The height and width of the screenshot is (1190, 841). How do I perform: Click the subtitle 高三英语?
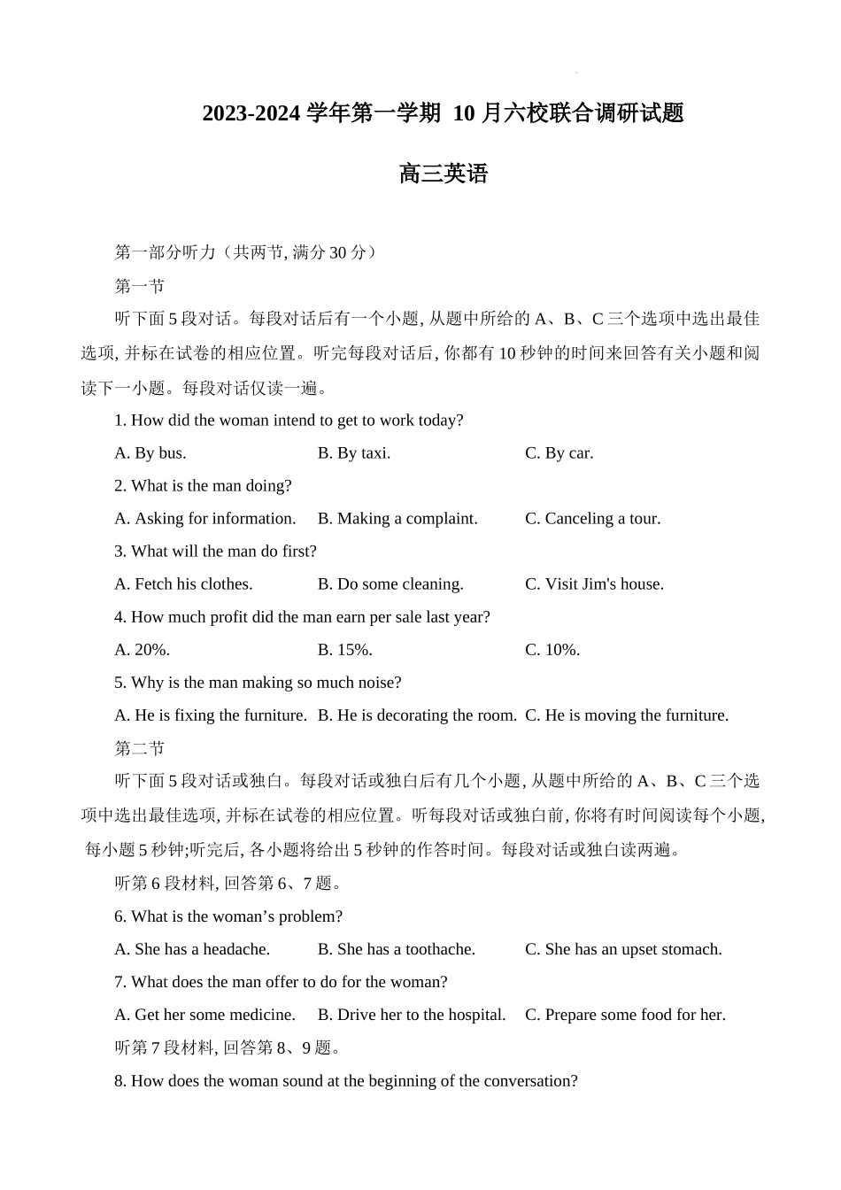(x=443, y=174)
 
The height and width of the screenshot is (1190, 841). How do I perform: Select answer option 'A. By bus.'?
(x=150, y=453)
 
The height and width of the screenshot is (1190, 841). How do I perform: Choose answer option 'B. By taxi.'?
(x=354, y=453)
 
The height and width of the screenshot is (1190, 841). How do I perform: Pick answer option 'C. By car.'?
(x=559, y=453)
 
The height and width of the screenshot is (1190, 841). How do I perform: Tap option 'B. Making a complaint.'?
(x=397, y=519)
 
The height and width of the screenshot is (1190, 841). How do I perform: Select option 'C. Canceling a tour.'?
(x=592, y=519)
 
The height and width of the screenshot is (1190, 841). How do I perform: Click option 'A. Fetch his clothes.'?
(x=183, y=584)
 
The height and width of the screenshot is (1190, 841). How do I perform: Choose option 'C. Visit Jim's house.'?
(x=594, y=584)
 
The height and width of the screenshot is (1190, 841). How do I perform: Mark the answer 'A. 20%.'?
(x=143, y=650)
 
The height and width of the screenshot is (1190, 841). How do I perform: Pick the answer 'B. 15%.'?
(x=345, y=650)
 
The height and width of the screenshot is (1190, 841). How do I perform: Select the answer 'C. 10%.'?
(x=552, y=650)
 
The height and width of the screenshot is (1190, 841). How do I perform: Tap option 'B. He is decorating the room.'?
(x=417, y=715)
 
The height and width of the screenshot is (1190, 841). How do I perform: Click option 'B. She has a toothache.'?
(x=397, y=949)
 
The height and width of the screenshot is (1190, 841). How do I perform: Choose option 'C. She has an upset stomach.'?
(x=623, y=949)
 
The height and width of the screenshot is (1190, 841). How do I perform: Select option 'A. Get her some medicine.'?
(x=204, y=1015)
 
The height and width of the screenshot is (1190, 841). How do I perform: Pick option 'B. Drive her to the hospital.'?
(x=412, y=1015)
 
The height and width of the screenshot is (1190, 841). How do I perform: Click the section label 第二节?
(x=140, y=749)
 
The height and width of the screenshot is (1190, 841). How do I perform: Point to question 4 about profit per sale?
(x=302, y=617)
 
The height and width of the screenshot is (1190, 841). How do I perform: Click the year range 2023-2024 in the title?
(x=251, y=114)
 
